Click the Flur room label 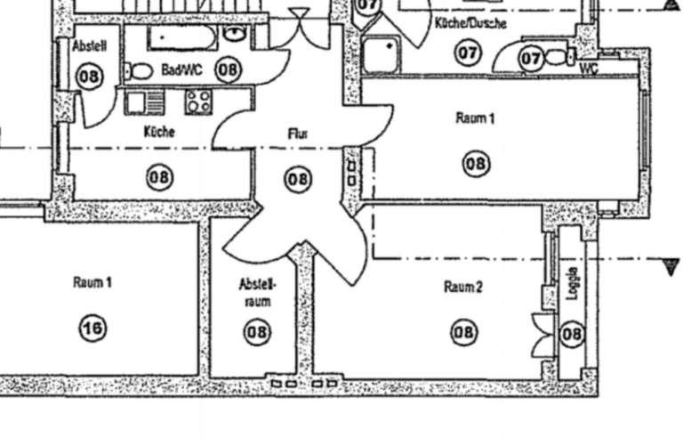point(297,134)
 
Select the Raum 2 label point(463,287)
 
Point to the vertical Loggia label point(572,284)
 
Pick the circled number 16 point(92,328)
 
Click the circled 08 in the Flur point(298,179)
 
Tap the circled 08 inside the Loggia point(573,335)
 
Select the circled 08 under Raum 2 point(463,333)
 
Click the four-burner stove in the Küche point(197,101)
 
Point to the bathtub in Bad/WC point(181,38)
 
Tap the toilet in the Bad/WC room point(139,70)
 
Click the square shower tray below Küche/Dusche point(383,55)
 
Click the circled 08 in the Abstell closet point(89,77)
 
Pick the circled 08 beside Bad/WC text point(228,69)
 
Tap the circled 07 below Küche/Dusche point(469,53)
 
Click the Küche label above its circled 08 point(159,132)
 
